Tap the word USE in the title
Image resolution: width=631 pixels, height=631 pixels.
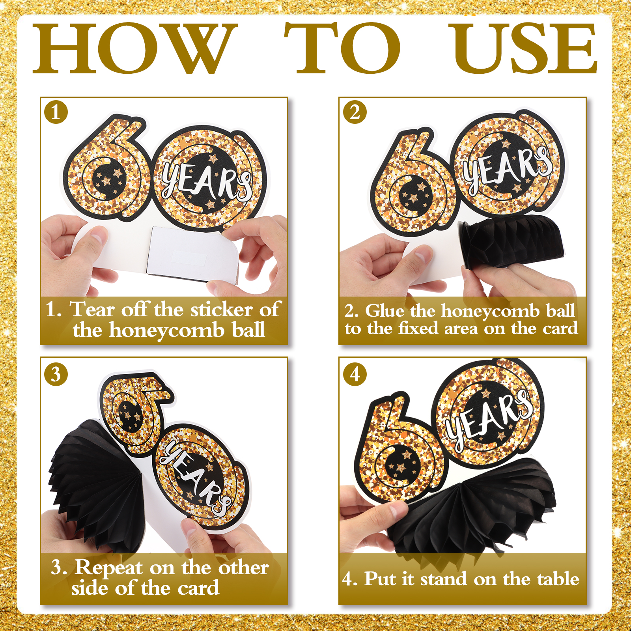click(x=525, y=48)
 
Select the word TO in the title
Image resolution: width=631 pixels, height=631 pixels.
click(x=342, y=48)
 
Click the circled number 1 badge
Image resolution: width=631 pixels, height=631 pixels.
click(x=56, y=112)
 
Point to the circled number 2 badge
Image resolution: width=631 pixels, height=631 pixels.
click(x=355, y=112)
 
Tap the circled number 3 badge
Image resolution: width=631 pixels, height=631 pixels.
click(x=56, y=374)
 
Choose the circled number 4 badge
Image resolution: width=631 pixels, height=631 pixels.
click(x=355, y=374)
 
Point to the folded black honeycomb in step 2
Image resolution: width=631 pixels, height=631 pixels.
click(x=511, y=241)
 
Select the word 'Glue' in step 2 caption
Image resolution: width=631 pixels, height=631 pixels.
click(x=385, y=311)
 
